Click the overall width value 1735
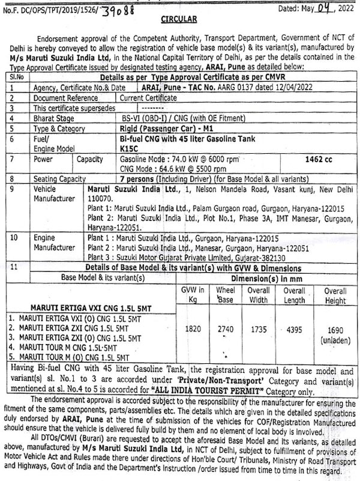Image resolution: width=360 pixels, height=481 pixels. tap(259, 329)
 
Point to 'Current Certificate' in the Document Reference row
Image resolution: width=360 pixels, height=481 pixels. tap(149, 97)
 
